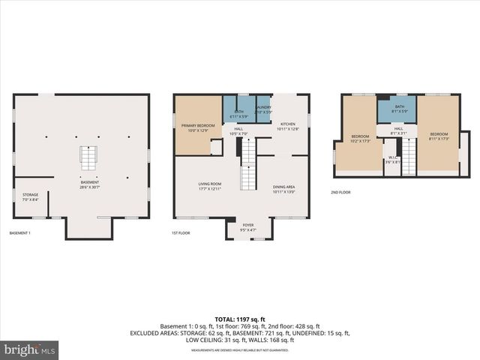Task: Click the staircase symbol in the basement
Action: pos(89,158)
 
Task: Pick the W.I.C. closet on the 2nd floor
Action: pos(392,160)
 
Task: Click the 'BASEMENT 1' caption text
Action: pos(19,233)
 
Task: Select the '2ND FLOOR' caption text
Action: pos(340,192)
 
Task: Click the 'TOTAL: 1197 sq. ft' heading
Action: pos(239,318)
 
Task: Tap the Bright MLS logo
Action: pos(30,349)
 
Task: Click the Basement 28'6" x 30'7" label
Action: pos(90,184)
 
